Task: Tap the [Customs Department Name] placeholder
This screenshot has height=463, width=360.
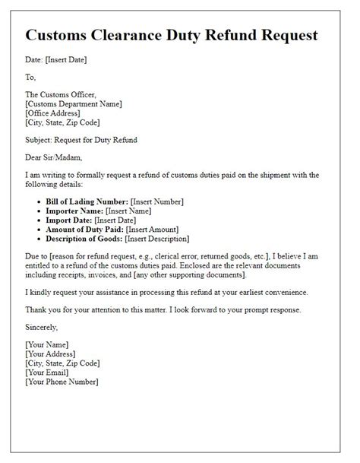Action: pos(74,104)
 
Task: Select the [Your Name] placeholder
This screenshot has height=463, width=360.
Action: pos(48,346)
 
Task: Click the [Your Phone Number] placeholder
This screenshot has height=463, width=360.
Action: pos(67,382)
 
